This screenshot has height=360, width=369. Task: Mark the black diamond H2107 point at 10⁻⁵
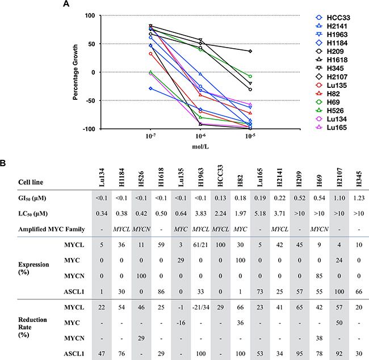250,51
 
